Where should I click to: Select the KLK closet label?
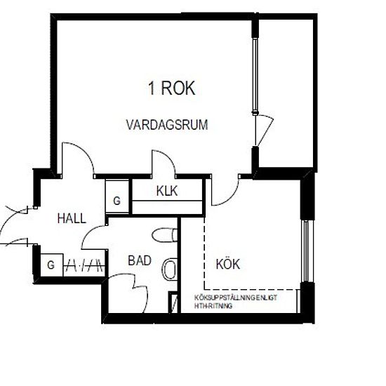coord(166,189)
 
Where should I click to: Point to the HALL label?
coord(72,218)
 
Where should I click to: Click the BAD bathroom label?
coord(140,260)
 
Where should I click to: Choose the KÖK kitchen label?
coord(228,265)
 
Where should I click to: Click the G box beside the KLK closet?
coord(117,201)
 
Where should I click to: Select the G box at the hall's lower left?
coord(51,265)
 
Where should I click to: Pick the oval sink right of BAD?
coord(169,268)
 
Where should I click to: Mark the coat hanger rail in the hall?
coord(85,266)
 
